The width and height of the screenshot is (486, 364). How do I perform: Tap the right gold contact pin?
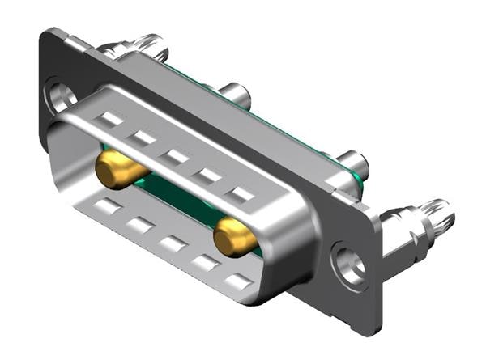[234, 239]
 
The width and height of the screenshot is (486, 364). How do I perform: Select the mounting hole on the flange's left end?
[60, 96]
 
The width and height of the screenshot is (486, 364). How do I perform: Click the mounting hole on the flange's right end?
[351, 265]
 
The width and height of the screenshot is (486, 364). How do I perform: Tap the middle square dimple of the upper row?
[175, 156]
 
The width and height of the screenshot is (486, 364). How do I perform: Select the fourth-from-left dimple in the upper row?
[208, 175]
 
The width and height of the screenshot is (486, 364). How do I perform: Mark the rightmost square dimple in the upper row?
[241, 194]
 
